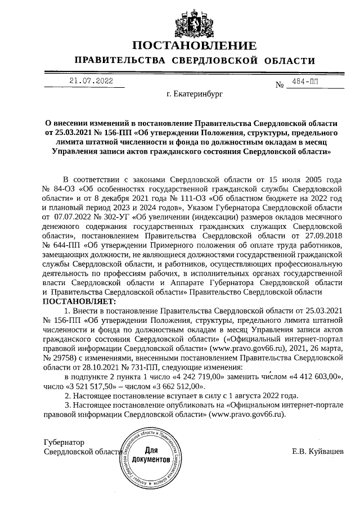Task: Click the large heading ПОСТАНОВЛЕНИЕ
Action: (x=194, y=46)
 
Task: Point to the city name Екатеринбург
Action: (x=195, y=96)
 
